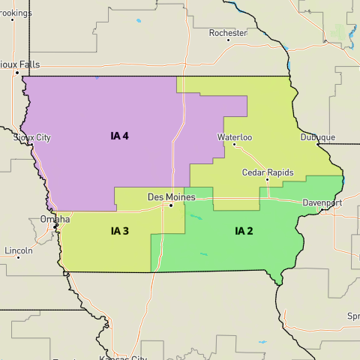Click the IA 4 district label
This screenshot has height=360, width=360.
click(119, 136)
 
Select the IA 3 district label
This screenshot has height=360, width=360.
click(119, 230)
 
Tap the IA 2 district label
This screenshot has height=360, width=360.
click(244, 230)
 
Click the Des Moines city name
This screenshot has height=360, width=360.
click(171, 196)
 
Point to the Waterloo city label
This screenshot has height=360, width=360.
click(235, 137)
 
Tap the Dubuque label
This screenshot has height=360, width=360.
click(318, 137)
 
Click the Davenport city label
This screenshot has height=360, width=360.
click(322, 203)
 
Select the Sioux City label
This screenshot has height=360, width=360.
click(32, 138)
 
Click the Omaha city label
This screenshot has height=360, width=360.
click(55, 219)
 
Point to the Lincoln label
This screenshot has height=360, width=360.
click(18, 249)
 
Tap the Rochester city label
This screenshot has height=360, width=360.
click(228, 33)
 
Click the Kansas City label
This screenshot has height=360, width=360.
click(123, 359)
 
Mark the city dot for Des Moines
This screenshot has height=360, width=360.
click(171, 205)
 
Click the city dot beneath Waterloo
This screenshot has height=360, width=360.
click(234, 145)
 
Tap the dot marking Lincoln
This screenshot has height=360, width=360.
click(18, 257)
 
